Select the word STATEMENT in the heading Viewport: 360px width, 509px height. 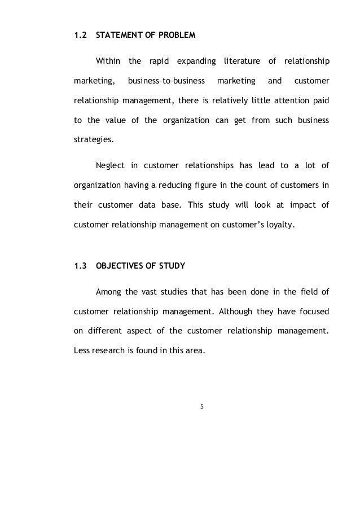120,36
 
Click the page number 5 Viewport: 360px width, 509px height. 201,404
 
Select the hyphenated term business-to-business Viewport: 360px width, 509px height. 166,81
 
